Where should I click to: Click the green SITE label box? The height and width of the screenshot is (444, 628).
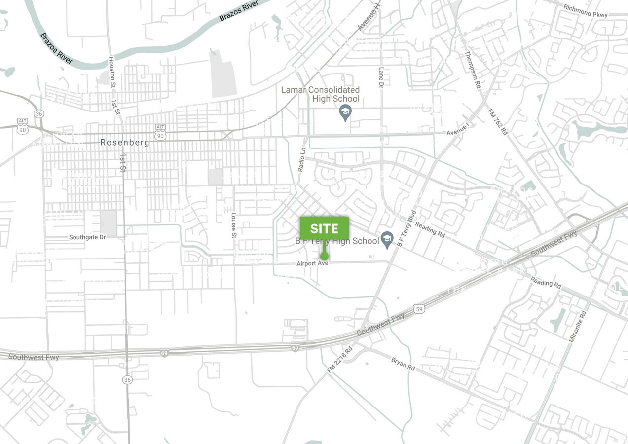tap(324, 228)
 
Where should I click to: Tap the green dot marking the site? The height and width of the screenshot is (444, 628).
tap(324, 256)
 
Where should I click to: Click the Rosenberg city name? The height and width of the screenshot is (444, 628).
tap(125, 143)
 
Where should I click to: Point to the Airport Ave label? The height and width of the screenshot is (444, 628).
tap(312, 264)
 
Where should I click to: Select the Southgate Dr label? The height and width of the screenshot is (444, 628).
tap(87, 237)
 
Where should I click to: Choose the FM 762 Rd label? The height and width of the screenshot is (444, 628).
tap(498, 121)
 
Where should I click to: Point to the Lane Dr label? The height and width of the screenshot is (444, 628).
tap(381, 78)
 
